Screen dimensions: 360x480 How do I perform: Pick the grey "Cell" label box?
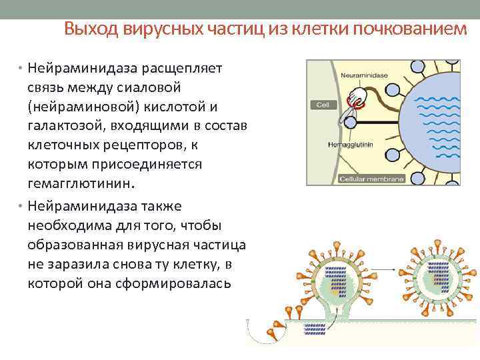pos(323,105)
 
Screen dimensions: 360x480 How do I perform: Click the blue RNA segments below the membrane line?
pos(317,328)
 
